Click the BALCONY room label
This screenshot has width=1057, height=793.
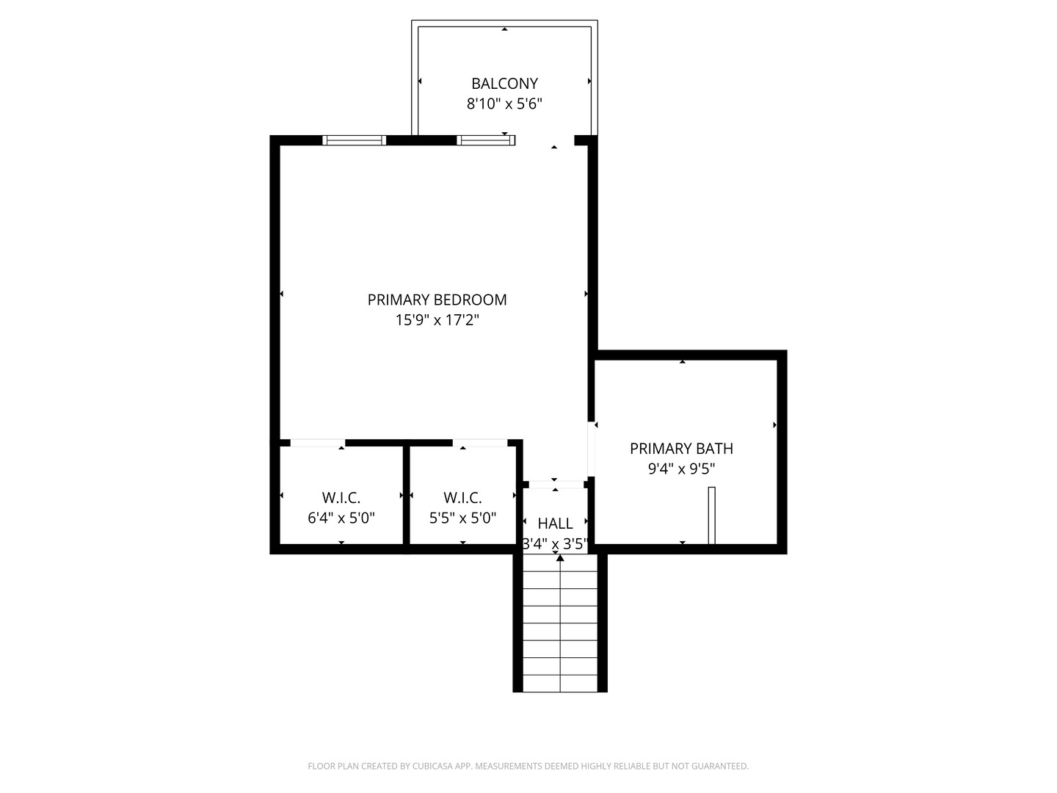coord(504,84)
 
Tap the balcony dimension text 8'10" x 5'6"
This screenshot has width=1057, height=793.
coord(504,104)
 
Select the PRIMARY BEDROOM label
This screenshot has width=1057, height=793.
coord(437,300)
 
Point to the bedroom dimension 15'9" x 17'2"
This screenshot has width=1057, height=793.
coord(437,320)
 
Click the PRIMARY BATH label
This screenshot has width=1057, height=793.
coord(681,449)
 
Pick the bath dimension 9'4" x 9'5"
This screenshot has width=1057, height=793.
coord(681,469)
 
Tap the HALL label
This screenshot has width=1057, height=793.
coord(555,524)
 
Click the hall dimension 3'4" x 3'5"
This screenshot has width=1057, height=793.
coord(555,544)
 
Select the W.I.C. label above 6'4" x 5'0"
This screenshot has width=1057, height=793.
coord(341,497)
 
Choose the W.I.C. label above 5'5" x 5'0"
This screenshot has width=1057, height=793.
coord(462,497)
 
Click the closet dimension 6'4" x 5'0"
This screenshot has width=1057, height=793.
coord(341,518)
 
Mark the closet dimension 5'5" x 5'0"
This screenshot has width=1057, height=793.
coord(462,518)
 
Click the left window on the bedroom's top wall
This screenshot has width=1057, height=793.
coord(354,140)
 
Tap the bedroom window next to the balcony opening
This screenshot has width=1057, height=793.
coord(486,140)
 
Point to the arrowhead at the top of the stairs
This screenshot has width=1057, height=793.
coord(560,558)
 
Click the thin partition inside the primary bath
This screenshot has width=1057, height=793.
coord(712,515)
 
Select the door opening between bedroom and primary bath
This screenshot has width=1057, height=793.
coord(592,449)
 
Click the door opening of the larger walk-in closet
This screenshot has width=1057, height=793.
coord(317,443)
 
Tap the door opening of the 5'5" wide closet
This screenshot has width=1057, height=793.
coord(479,443)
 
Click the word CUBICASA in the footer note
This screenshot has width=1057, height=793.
coord(432,766)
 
